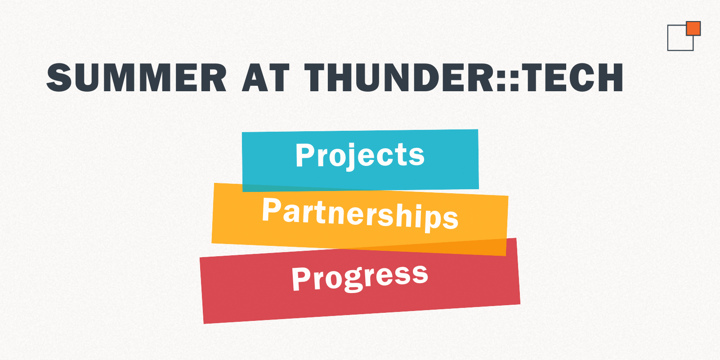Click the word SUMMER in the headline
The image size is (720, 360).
coord(137,77)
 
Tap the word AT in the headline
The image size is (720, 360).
coord(266,77)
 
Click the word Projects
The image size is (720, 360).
coord(360,155)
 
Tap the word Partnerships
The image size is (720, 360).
coord(360,214)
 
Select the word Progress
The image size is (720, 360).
coord(360,277)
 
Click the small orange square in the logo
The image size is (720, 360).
coord(693,28)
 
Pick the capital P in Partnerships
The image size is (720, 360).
coord(271,210)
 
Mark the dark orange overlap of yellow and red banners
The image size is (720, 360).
coord(450,247)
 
